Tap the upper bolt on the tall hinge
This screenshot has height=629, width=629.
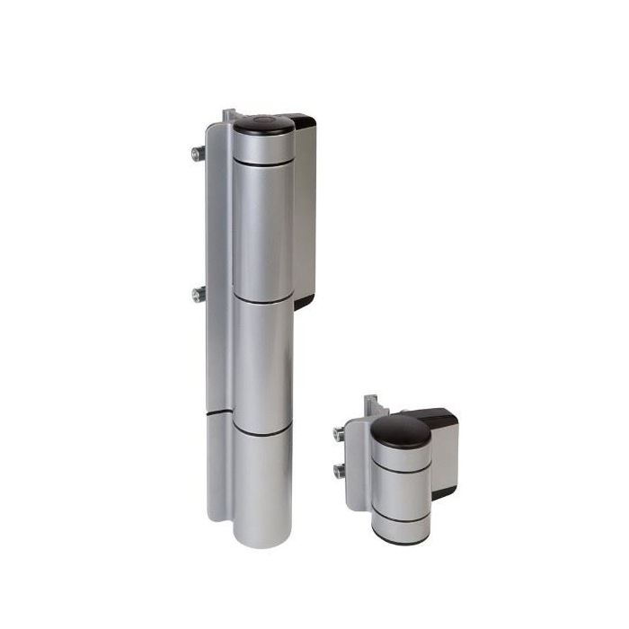pyautogui.click(x=198, y=154)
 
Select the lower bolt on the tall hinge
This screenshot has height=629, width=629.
pyautogui.click(x=198, y=294)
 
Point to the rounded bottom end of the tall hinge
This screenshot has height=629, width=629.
pyautogui.click(x=262, y=536)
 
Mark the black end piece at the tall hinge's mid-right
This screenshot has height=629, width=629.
pyautogui.click(x=304, y=302)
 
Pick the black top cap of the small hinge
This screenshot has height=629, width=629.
pyautogui.click(x=401, y=431)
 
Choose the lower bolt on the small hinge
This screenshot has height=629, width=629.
pyautogui.click(x=341, y=470)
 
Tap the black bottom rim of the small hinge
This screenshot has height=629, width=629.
pyautogui.click(x=401, y=541)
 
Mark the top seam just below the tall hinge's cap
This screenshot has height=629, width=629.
pyautogui.click(x=262, y=163)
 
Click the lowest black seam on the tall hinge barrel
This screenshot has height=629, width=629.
pyautogui.click(x=262, y=434)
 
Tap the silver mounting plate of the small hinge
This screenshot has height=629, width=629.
pyautogui.click(x=357, y=476)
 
